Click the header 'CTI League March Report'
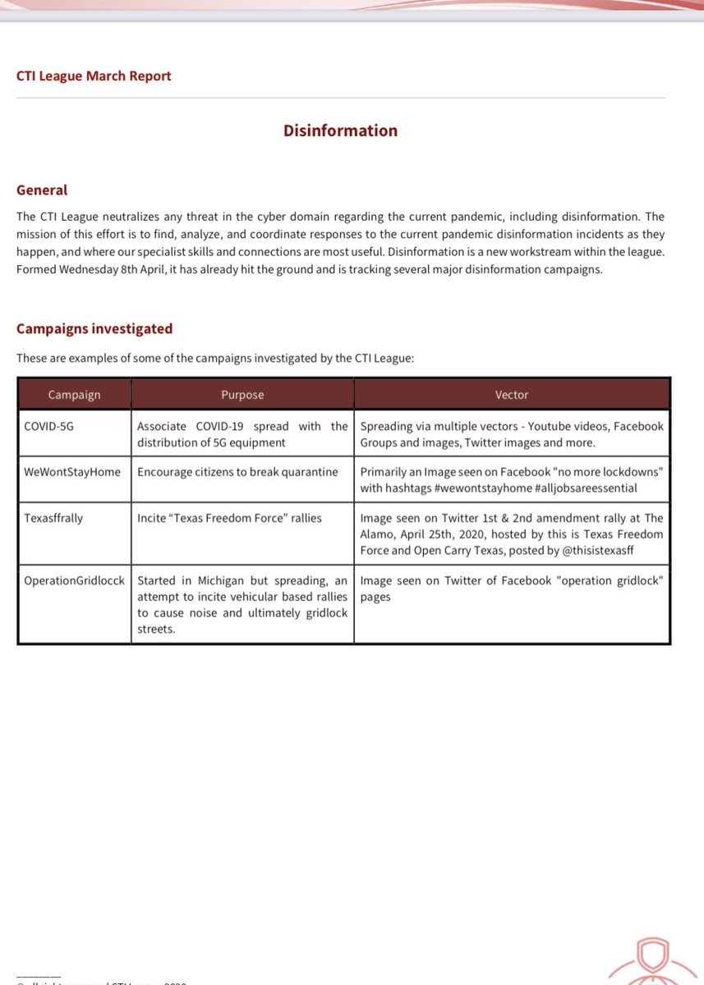click(x=94, y=76)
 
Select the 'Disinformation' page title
click(x=340, y=131)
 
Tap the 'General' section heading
click(x=42, y=190)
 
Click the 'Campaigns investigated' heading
click(x=94, y=329)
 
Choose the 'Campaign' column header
click(x=74, y=395)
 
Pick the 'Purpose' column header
click(x=242, y=395)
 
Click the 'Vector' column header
click(x=512, y=395)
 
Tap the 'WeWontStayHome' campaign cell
click(x=73, y=473)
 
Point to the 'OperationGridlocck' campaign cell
click(x=74, y=580)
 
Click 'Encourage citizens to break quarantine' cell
click(x=237, y=473)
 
